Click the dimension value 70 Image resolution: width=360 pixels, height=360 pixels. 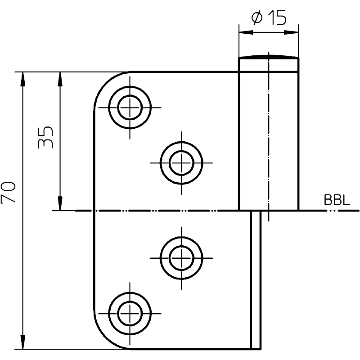[8, 193]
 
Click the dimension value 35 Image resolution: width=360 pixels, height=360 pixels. [45, 137]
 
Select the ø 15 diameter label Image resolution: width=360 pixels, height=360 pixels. [269, 17]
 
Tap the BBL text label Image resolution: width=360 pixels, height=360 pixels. [337, 200]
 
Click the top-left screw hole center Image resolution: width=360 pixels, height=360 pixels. [130, 108]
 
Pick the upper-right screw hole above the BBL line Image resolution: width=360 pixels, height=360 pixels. [181, 163]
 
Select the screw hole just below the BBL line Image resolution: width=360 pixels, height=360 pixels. [181, 258]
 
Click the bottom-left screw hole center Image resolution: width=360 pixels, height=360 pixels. [130, 313]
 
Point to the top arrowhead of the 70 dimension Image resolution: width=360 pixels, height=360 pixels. [22, 79]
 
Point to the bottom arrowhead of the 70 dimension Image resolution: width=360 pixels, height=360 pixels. [22, 342]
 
